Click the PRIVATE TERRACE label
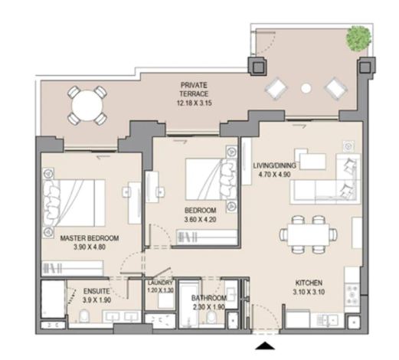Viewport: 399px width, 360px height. [194, 89]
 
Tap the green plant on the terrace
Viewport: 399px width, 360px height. [358, 38]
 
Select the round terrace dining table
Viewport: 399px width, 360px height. [87, 106]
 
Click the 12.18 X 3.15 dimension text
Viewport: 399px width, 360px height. [195, 103]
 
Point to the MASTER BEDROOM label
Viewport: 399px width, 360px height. [90, 238]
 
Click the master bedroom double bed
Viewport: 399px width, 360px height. [74, 203]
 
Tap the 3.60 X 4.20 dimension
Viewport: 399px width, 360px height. [201, 219]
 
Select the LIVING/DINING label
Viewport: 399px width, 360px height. [274, 165]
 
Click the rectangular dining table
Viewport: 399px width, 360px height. [308, 234]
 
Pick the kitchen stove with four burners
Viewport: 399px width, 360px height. [352, 295]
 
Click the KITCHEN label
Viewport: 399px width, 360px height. [309, 283]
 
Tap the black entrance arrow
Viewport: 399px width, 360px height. [265, 345]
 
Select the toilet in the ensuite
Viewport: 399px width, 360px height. [83, 316]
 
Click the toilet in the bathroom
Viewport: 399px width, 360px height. [211, 317]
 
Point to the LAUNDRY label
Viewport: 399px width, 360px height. [160, 283]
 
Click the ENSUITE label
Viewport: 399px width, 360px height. [96, 291]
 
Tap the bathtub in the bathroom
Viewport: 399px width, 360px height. [188, 304]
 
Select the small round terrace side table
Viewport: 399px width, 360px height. [306, 88]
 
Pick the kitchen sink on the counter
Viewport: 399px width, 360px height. [328, 319]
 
